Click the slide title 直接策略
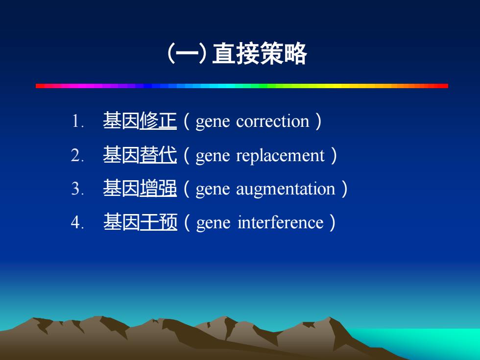[259, 54]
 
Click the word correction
[273, 121]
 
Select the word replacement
[280, 156]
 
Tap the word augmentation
[286, 190]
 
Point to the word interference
[280, 222]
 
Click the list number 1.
[78, 121]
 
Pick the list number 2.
[77, 155]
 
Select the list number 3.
[77, 189]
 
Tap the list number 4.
[77, 222]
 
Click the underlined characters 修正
[158, 120]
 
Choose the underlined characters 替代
[158, 155]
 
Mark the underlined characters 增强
[158, 188]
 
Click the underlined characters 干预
[159, 222]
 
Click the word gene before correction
[213, 122]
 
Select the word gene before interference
[213, 223]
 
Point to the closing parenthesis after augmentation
[344, 189]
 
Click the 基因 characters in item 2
[121, 155]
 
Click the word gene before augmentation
[213, 190]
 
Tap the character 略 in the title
[295, 54]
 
